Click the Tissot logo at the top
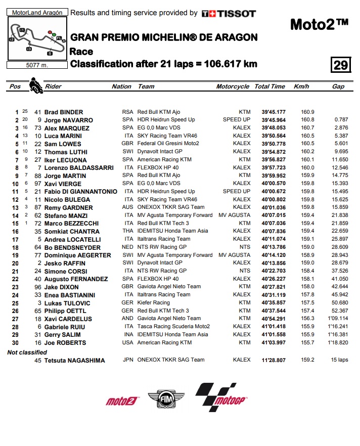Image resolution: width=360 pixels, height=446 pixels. [229, 14]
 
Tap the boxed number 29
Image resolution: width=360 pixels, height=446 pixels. [340, 65]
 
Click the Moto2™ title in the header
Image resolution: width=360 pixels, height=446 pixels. [319, 24]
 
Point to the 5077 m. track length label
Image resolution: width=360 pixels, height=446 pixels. [37, 65]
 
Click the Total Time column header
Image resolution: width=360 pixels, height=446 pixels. [269, 86]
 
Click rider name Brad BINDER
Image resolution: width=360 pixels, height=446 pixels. [64, 112]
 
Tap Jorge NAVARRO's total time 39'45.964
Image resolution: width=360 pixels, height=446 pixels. [274, 120]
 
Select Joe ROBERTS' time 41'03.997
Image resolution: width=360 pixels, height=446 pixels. [274, 342]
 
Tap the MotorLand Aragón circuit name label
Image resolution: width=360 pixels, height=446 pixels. [37, 12]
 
